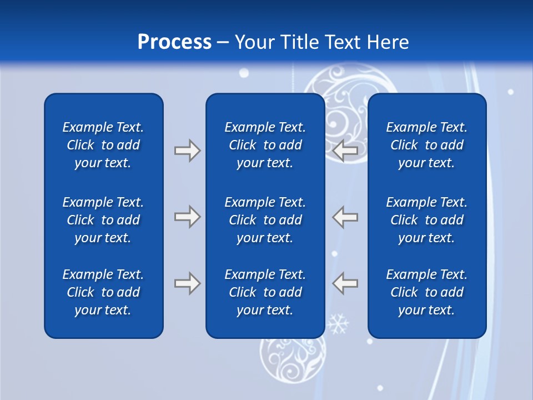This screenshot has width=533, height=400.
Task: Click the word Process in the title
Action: click(174, 42)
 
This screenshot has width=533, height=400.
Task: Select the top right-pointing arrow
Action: click(187, 151)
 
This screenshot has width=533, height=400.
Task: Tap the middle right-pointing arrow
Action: click(187, 217)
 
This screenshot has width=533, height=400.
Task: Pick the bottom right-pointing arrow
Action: click(187, 283)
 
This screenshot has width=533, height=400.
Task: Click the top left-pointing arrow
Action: click(345, 151)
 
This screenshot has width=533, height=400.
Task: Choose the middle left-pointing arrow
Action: click(345, 217)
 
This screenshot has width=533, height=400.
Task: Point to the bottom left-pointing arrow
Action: click(345, 283)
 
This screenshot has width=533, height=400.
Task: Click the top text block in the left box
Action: click(103, 145)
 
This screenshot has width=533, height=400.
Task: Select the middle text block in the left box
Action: click(103, 220)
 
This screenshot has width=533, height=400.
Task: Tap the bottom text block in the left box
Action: click(103, 292)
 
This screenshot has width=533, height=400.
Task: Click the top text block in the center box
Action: click(265, 145)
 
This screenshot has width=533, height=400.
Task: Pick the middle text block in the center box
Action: click(265, 220)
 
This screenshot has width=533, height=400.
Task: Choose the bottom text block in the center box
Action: click(265, 292)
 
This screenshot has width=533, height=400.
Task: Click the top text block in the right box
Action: click(426, 145)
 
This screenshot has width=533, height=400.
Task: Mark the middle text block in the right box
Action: click(426, 220)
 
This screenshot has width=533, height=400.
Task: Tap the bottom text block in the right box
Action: click(426, 292)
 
